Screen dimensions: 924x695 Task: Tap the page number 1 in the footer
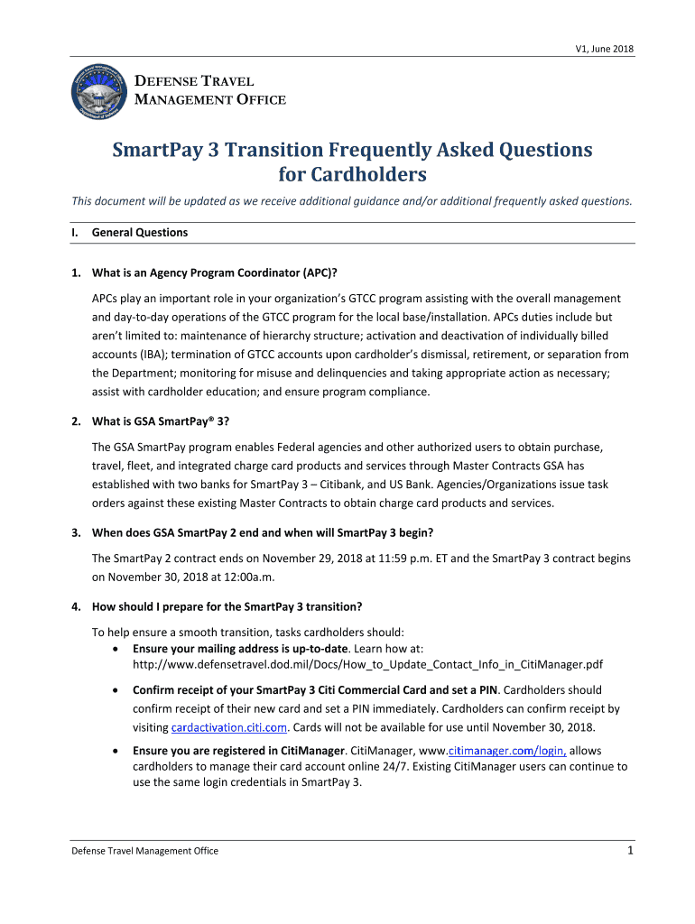pos(629,850)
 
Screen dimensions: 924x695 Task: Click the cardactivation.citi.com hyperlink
pos(229,726)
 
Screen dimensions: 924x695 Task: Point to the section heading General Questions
pos(140,232)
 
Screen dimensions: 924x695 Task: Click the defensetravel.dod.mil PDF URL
pos(368,664)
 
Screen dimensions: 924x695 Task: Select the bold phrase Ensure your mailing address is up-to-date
pos(241,648)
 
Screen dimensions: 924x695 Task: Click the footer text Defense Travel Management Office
pos(145,851)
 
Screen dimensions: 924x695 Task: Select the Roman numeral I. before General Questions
pos(75,232)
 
